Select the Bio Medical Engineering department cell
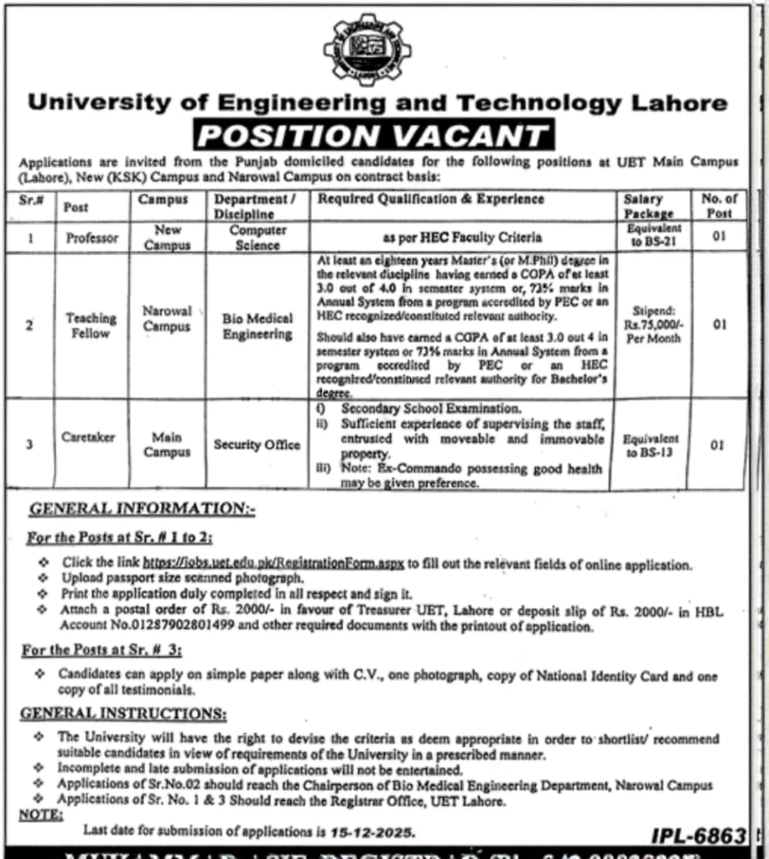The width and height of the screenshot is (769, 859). click(x=257, y=326)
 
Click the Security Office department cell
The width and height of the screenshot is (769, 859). click(x=257, y=445)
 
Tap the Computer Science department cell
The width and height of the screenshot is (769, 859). click(x=258, y=237)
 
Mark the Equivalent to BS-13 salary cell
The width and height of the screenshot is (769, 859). click(x=652, y=445)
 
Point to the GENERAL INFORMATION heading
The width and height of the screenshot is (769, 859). click(x=142, y=508)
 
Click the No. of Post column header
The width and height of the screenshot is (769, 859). click(x=719, y=206)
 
